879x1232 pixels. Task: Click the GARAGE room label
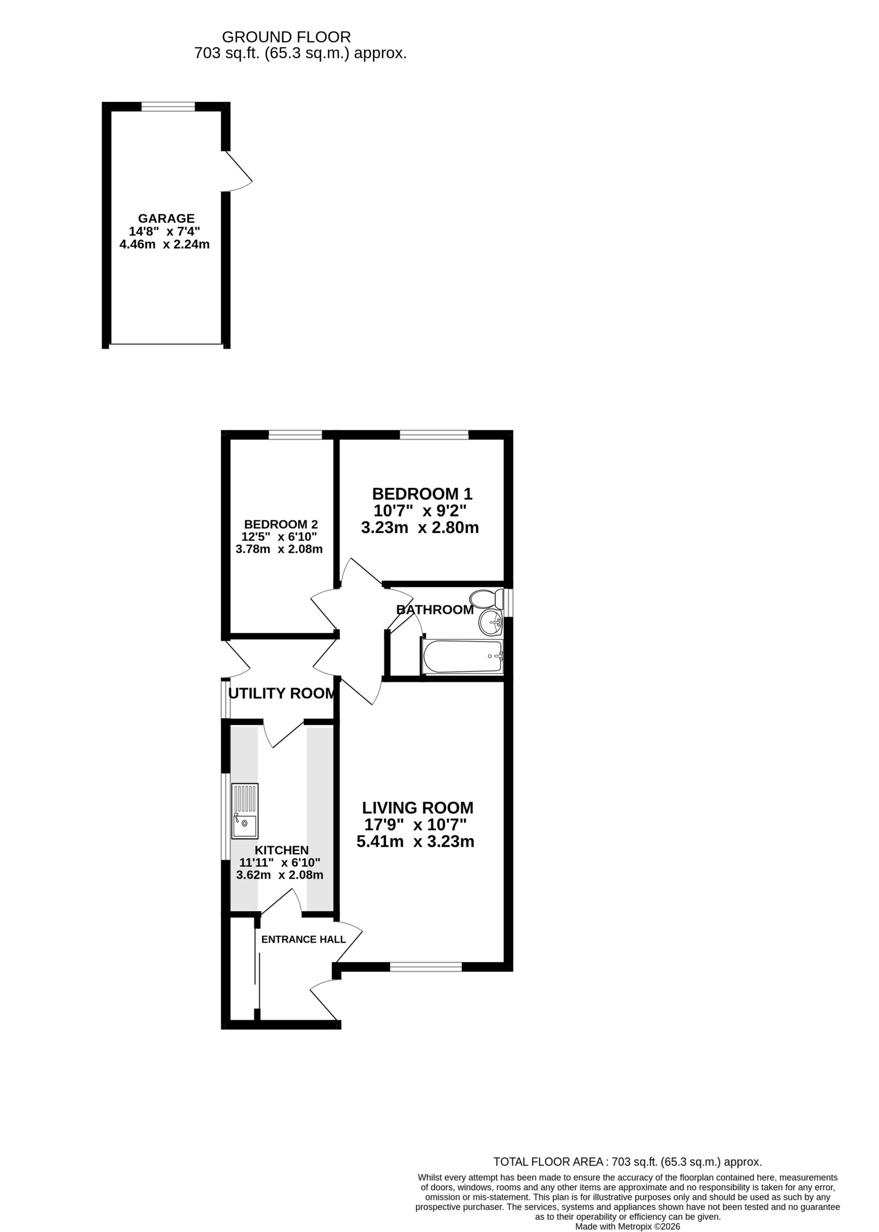(x=166, y=218)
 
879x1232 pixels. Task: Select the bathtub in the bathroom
(x=462, y=656)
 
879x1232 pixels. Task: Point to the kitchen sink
(x=245, y=811)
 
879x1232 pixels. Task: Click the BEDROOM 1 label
(x=422, y=494)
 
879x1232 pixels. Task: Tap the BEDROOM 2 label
(x=281, y=524)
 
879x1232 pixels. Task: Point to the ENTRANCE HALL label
(x=303, y=939)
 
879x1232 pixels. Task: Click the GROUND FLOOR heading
(x=286, y=37)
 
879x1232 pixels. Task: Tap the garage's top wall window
(x=168, y=107)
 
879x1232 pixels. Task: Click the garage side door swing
(x=239, y=170)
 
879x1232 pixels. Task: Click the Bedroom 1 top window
(x=434, y=434)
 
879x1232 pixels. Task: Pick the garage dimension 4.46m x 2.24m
(x=164, y=244)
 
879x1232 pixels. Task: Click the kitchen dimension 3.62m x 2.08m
(x=280, y=874)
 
